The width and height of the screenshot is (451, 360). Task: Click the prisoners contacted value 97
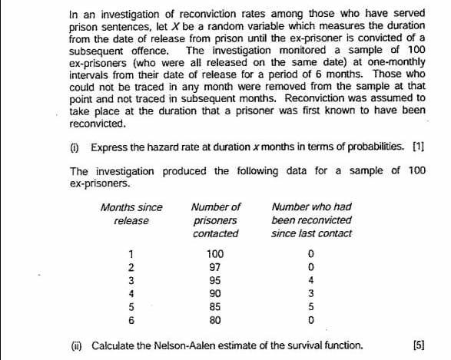click(x=215, y=266)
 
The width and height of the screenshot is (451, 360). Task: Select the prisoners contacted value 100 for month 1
click(x=215, y=253)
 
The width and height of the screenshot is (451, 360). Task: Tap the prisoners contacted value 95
click(x=215, y=279)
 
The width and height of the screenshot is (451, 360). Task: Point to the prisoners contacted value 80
click(x=215, y=317)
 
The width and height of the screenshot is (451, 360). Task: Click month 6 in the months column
click(x=132, y=317)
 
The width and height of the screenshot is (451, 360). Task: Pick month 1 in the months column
click(x=132, y=253)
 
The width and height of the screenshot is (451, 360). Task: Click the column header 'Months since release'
click(x=131, y=213)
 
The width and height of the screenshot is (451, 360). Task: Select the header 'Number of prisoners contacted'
click(x=216, y=220)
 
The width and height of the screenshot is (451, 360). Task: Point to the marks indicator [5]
click(x=418, y=345)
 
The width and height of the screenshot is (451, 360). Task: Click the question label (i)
click(x=75, y=147)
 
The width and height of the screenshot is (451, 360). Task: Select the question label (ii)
click(x=75, y=345)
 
